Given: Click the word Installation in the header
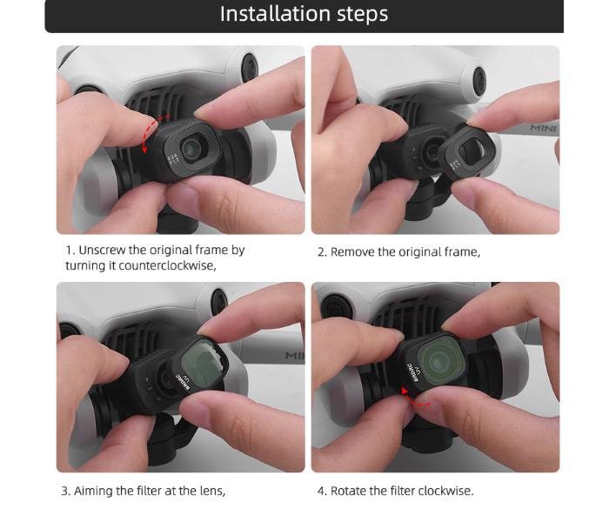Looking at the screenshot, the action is tap(276, 14).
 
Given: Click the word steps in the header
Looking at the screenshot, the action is tap(362, 15).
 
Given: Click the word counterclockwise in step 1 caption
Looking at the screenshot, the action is tap(167, 265).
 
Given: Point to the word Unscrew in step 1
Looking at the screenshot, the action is tap(102, 251).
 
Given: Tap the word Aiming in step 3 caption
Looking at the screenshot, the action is tap(93, 491).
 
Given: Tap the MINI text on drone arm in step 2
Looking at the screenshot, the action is tap(544, 128).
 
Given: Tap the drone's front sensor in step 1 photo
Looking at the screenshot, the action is tap(250, 68).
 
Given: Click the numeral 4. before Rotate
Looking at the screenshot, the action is tap(322, 492).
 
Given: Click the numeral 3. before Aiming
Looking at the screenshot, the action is tap(66, 492).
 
